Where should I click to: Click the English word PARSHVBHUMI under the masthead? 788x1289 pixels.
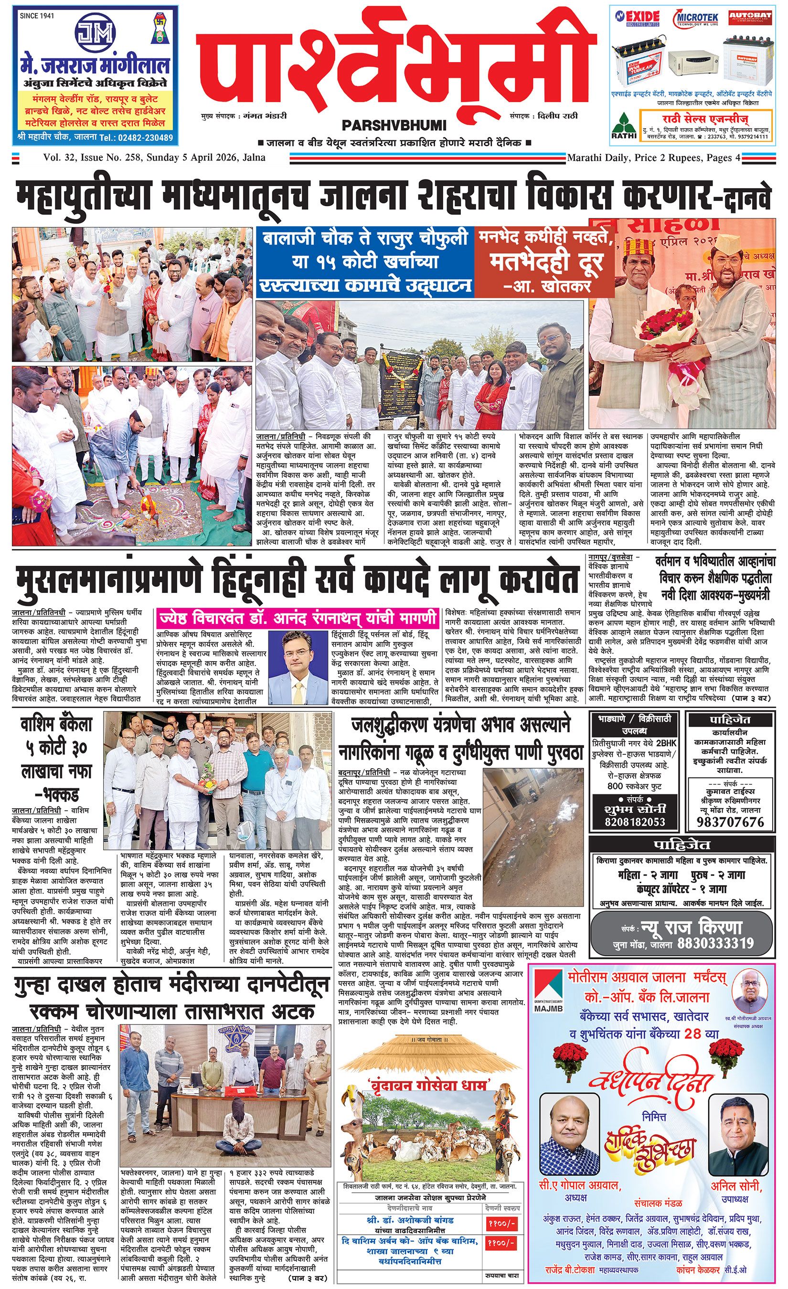[394, 125]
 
